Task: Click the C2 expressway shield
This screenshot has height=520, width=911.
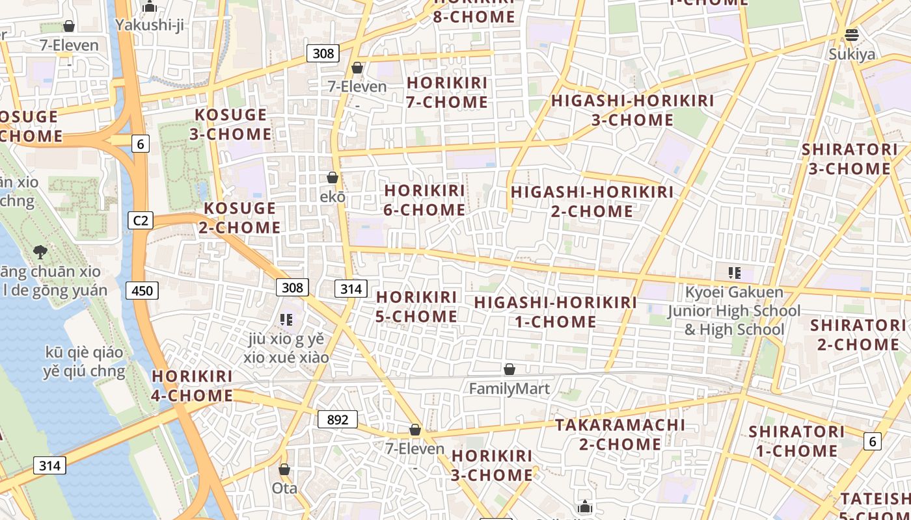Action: click(x=140, y=220)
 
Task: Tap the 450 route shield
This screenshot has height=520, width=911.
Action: click(x=142, y=290)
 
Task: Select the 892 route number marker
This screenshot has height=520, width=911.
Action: click(x=338, y=419)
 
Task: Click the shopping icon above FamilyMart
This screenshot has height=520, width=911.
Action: click(x=510, y=369)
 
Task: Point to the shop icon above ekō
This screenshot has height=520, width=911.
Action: click(x=333, y=177)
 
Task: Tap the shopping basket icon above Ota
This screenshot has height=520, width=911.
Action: click(x=284, y=469)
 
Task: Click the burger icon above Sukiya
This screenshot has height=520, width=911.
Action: click(x=852, y=34)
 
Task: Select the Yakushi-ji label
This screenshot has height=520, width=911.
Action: click(x=150, y=25)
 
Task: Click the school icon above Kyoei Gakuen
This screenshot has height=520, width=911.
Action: click(x=735, y=273)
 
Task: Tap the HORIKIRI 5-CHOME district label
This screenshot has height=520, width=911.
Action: click(x=416, y=306)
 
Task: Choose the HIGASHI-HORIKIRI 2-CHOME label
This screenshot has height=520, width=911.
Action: click(x=592, y=201)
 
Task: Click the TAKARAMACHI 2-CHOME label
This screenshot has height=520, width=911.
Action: click(x=620, y=434)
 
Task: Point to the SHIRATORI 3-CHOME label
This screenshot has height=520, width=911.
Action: click(x=849, y=159)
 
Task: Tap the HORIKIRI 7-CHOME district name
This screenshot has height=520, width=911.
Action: click(x=447, y=92)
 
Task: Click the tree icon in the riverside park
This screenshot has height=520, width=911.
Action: click(x=40, y=252)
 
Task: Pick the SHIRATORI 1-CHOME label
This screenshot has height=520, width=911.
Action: click(x=796, y=441)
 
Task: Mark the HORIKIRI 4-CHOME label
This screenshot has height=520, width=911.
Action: click(x=192, y=385)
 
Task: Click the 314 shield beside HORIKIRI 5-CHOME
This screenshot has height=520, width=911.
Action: click(x=351, y=288)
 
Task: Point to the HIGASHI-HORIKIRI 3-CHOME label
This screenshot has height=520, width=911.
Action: click(x=632, y=110)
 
